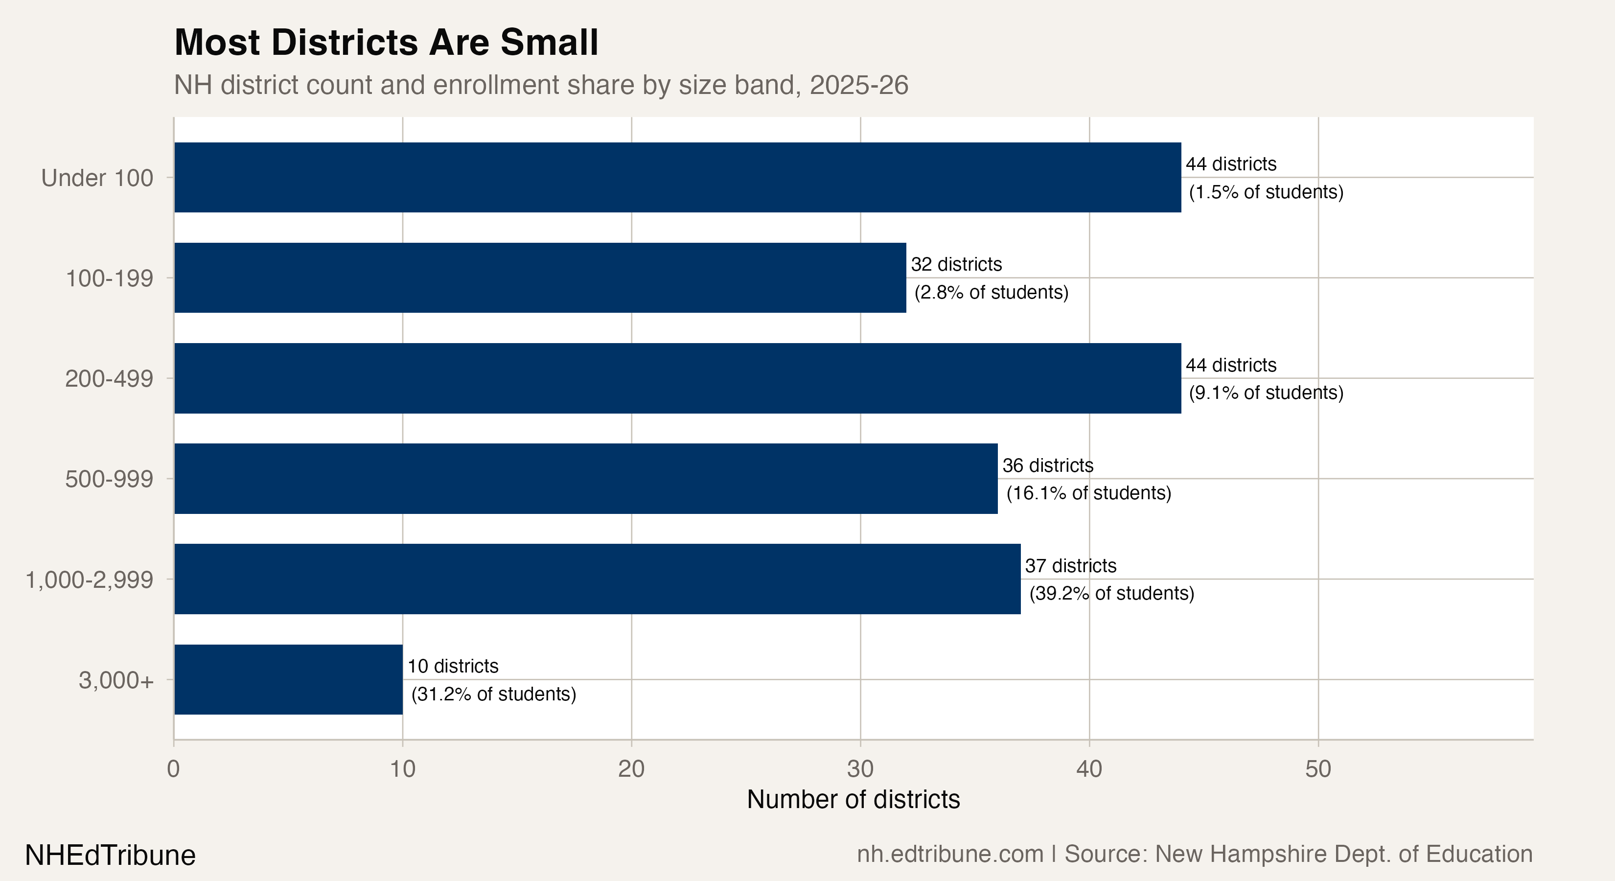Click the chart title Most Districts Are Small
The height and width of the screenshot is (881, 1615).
[386, 43]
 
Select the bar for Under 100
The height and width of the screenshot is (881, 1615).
[677, 178]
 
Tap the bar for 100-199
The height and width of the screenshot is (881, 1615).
[540, 278]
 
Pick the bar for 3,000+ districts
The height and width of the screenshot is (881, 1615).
[288, 680]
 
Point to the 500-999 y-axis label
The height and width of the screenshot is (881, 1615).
[109, 479]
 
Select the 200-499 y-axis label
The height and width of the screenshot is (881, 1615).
[109, 379]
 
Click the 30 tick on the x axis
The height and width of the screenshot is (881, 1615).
[860, 769]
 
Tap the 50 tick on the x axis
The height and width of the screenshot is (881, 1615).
[1318, 769]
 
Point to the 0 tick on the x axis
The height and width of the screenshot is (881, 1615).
[174, 769]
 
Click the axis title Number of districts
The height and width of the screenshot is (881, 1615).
[854, 799]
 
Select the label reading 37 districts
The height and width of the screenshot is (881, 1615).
[1070, 566]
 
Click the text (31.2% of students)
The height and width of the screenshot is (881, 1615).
[493, 694]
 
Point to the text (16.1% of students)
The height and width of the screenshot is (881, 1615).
[1088, 493]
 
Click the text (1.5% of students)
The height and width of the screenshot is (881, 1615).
[1266, 192]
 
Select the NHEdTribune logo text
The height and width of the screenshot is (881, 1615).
[110, 855]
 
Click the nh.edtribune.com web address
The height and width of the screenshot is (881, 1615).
[950, 854]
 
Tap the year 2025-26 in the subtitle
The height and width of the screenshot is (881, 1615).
[858, 85]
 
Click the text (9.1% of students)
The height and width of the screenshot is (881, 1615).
[1266, 393]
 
